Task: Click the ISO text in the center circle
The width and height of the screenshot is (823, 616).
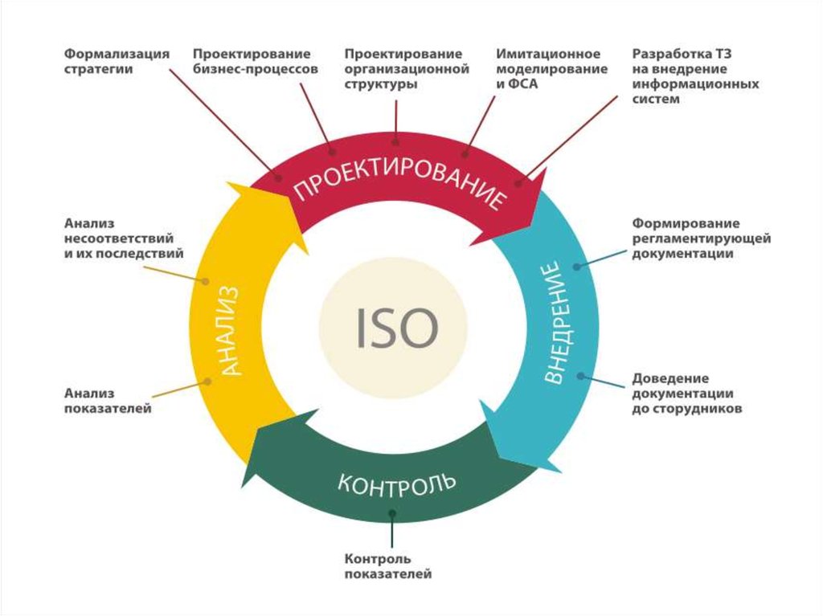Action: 396,328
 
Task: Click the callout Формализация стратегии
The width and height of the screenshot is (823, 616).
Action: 117,61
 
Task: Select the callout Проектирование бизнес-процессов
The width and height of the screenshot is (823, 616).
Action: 256,61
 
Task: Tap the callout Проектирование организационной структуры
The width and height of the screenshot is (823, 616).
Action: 407,69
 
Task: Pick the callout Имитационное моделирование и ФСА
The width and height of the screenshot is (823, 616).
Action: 551,69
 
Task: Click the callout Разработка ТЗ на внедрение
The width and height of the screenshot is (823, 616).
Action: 695,76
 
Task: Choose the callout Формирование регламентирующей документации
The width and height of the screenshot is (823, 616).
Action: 701,239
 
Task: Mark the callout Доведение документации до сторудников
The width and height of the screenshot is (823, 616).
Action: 686,393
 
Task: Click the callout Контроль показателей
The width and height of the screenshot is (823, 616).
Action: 388,566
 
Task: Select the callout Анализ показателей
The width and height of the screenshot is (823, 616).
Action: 108,400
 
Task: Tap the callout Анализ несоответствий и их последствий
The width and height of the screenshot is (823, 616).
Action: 124,239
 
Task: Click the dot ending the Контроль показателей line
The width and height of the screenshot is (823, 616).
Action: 392,513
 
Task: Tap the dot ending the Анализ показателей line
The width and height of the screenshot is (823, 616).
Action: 208,381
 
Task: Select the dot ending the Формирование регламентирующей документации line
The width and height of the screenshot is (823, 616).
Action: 576,267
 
